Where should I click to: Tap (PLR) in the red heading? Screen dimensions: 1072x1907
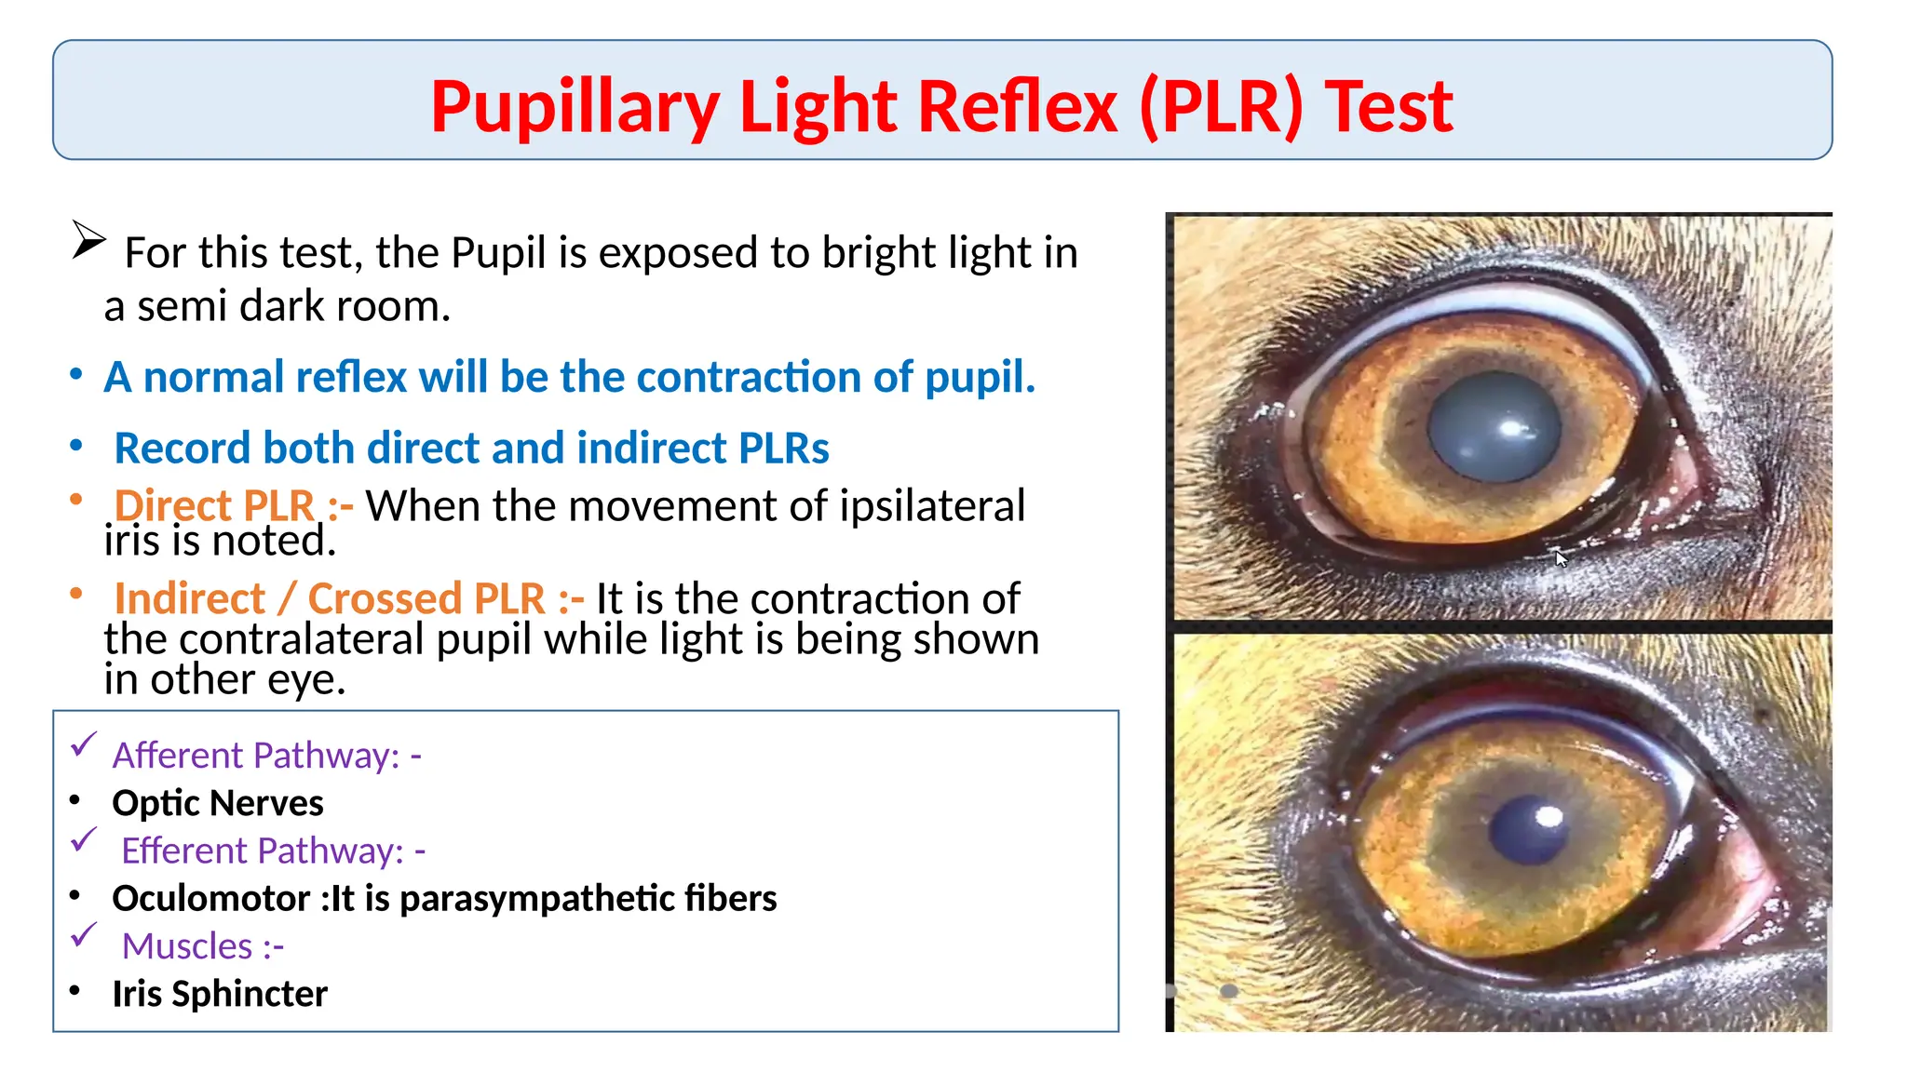(1221, 107)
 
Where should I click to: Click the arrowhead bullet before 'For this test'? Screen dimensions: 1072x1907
(88, 240)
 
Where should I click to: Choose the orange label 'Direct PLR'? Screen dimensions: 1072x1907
(214, 505)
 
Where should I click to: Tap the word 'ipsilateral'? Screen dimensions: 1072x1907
(931, 506)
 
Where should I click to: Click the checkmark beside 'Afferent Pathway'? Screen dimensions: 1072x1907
(85, 744)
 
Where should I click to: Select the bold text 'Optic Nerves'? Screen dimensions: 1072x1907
(217, 803)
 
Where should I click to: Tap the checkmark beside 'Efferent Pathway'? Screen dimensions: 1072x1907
(85, 840)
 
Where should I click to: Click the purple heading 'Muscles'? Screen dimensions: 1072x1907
(187, 946)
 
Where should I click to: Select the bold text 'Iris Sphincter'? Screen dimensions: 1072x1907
(220, 994)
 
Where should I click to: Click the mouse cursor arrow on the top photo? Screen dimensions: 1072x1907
(1562, 558)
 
